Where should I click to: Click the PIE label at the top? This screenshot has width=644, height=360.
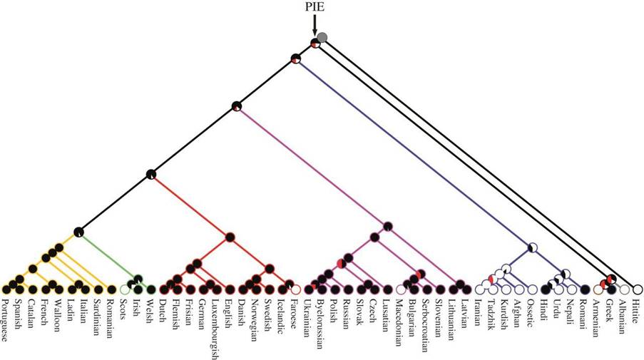314,7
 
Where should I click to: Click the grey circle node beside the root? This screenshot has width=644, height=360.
322,37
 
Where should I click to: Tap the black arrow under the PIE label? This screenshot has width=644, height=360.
314,24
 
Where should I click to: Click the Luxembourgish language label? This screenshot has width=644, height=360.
215,325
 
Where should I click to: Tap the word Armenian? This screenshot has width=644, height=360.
598,314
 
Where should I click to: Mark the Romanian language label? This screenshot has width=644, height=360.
109,315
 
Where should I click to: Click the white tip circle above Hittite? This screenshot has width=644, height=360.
638,289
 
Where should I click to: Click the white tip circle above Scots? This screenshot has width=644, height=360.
125,289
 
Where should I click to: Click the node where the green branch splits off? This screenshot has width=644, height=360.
78,231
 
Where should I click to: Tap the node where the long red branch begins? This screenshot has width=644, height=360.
150,173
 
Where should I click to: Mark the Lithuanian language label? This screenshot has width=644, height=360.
452,314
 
